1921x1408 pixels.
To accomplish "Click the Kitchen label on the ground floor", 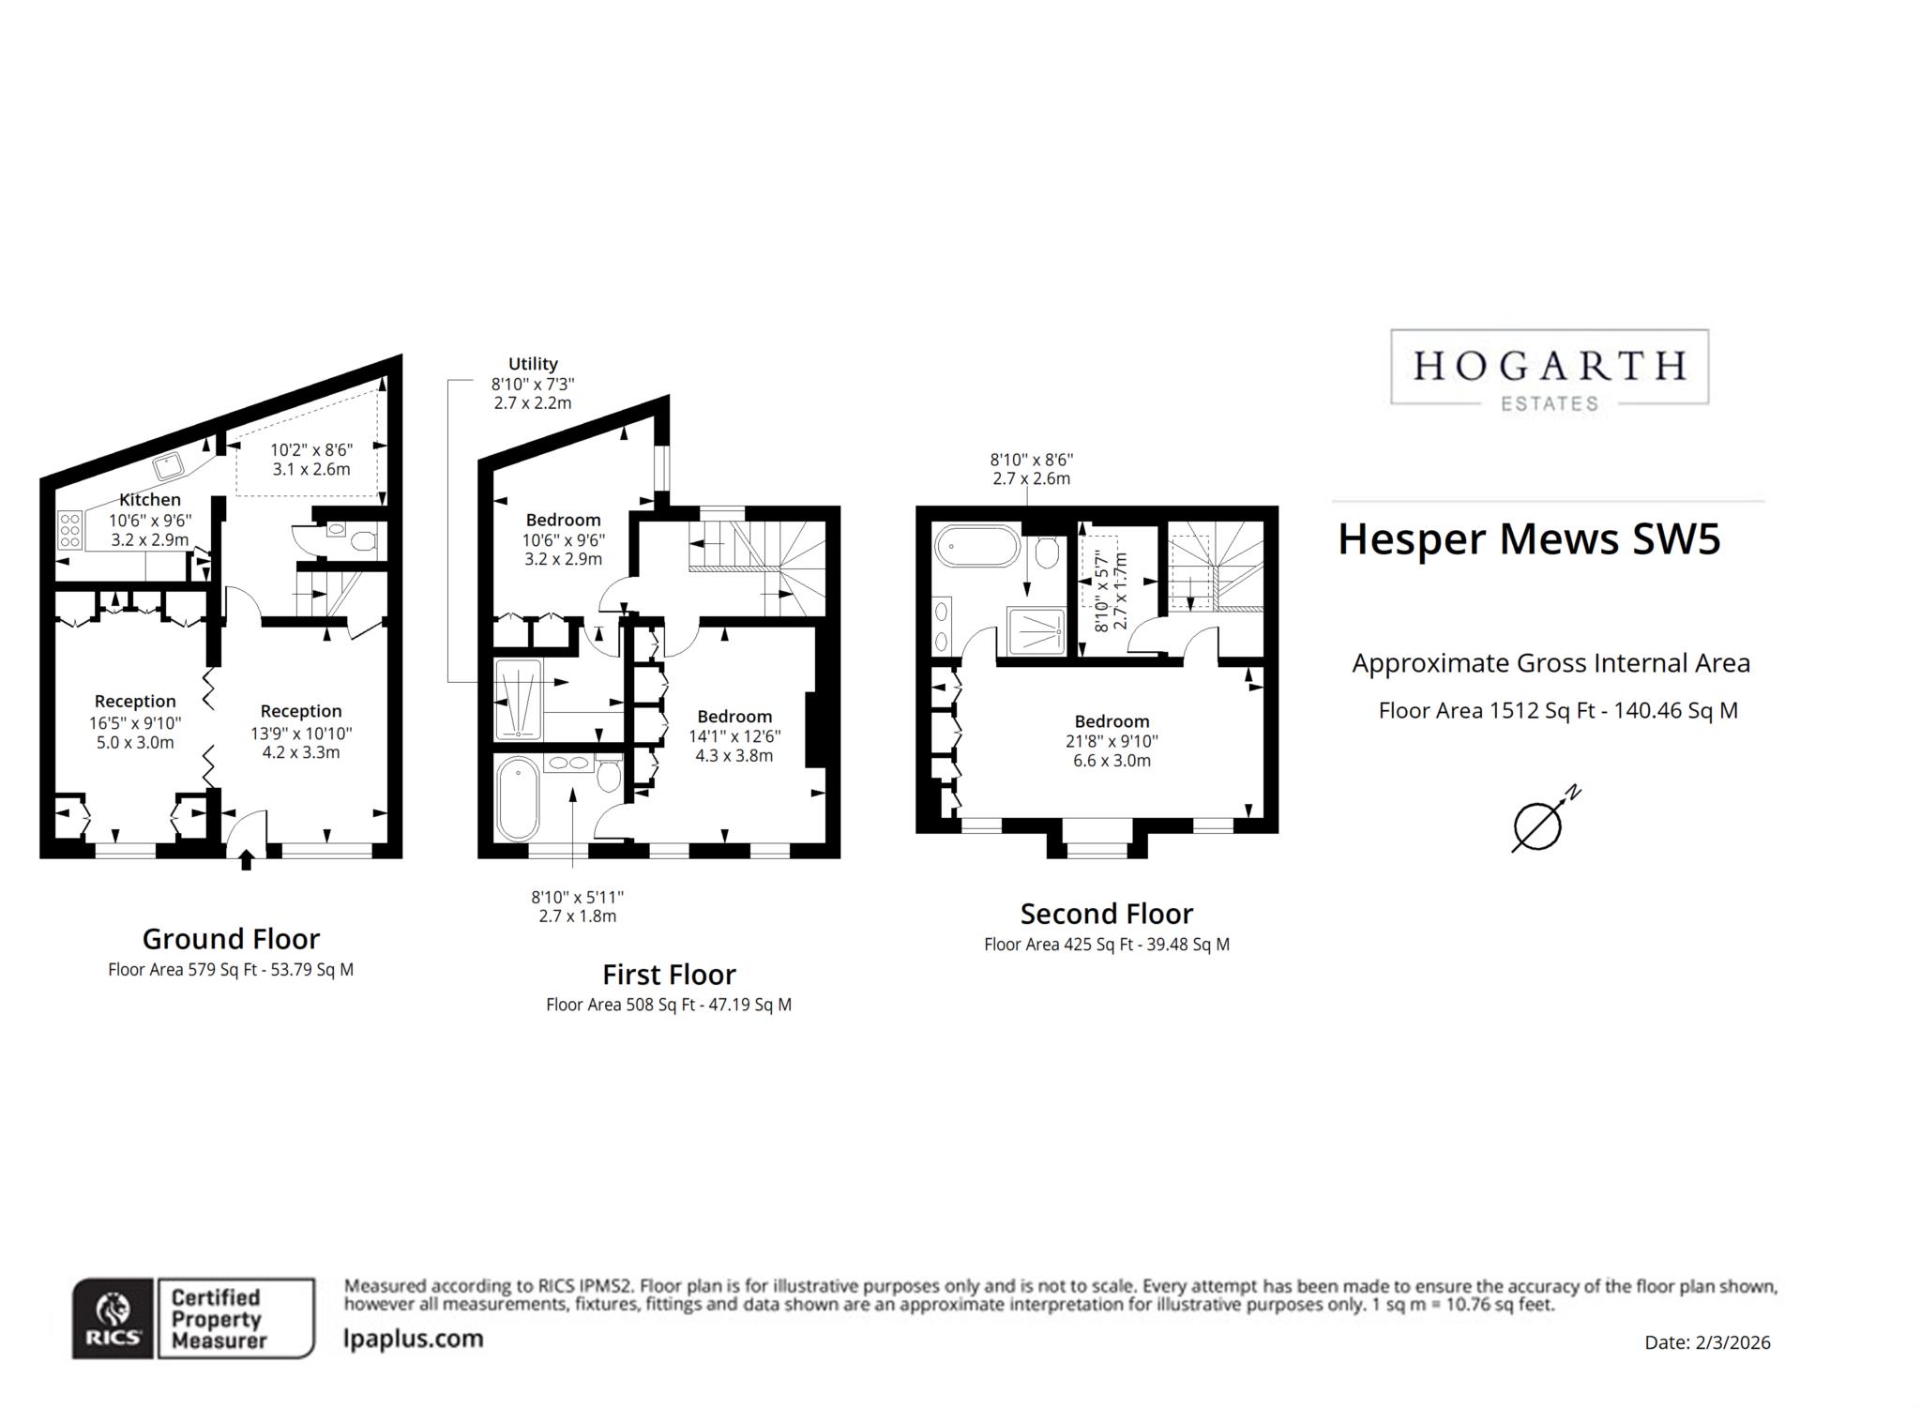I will [x=149, y=500].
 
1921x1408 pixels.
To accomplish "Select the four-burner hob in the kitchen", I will [x=70, y=530].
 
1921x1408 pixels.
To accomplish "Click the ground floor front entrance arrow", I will [x=247, y=858].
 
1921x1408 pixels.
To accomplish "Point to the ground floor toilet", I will [x=362, y=541].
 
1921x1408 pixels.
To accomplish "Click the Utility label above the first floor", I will [x=533, y=364].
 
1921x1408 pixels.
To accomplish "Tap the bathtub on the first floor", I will [x=518, y=799].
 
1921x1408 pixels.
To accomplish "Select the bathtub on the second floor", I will [x=976, y=546].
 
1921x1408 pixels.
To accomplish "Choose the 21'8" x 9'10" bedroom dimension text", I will [x=1112, y=741].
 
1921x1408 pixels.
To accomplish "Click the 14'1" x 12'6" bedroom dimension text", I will [x=734, y=736].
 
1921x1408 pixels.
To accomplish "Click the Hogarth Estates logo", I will [x=1549, y=369].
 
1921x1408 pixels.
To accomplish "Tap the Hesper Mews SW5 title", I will [x=1528, y=539].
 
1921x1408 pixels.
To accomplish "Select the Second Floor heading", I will [x=1106, y=914].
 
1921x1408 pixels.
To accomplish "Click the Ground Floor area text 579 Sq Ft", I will [x=231, y=970].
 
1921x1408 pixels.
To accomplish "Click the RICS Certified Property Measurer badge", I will [x=193, y=1317].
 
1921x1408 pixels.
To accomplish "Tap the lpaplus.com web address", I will [x=414, y=1339].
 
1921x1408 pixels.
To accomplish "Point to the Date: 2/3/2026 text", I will [x=1706, y=1342].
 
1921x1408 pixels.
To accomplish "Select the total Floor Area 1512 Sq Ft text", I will [x=1557, y=711].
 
